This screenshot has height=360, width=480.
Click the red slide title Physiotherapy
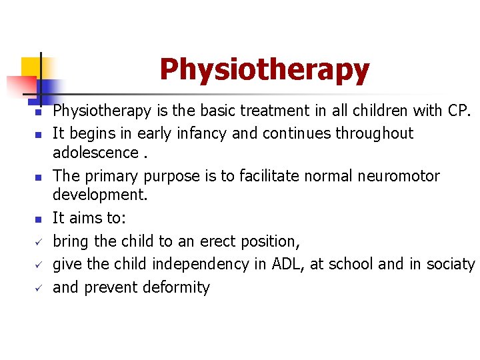click(x=264, y=70)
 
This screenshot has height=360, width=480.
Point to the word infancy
click(x=203, y=133)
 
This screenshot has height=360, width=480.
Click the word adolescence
click(x=95, y=153)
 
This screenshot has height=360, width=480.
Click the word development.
click(x=99, y=195)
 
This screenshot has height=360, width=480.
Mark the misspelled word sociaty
click(x=450, y=264)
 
